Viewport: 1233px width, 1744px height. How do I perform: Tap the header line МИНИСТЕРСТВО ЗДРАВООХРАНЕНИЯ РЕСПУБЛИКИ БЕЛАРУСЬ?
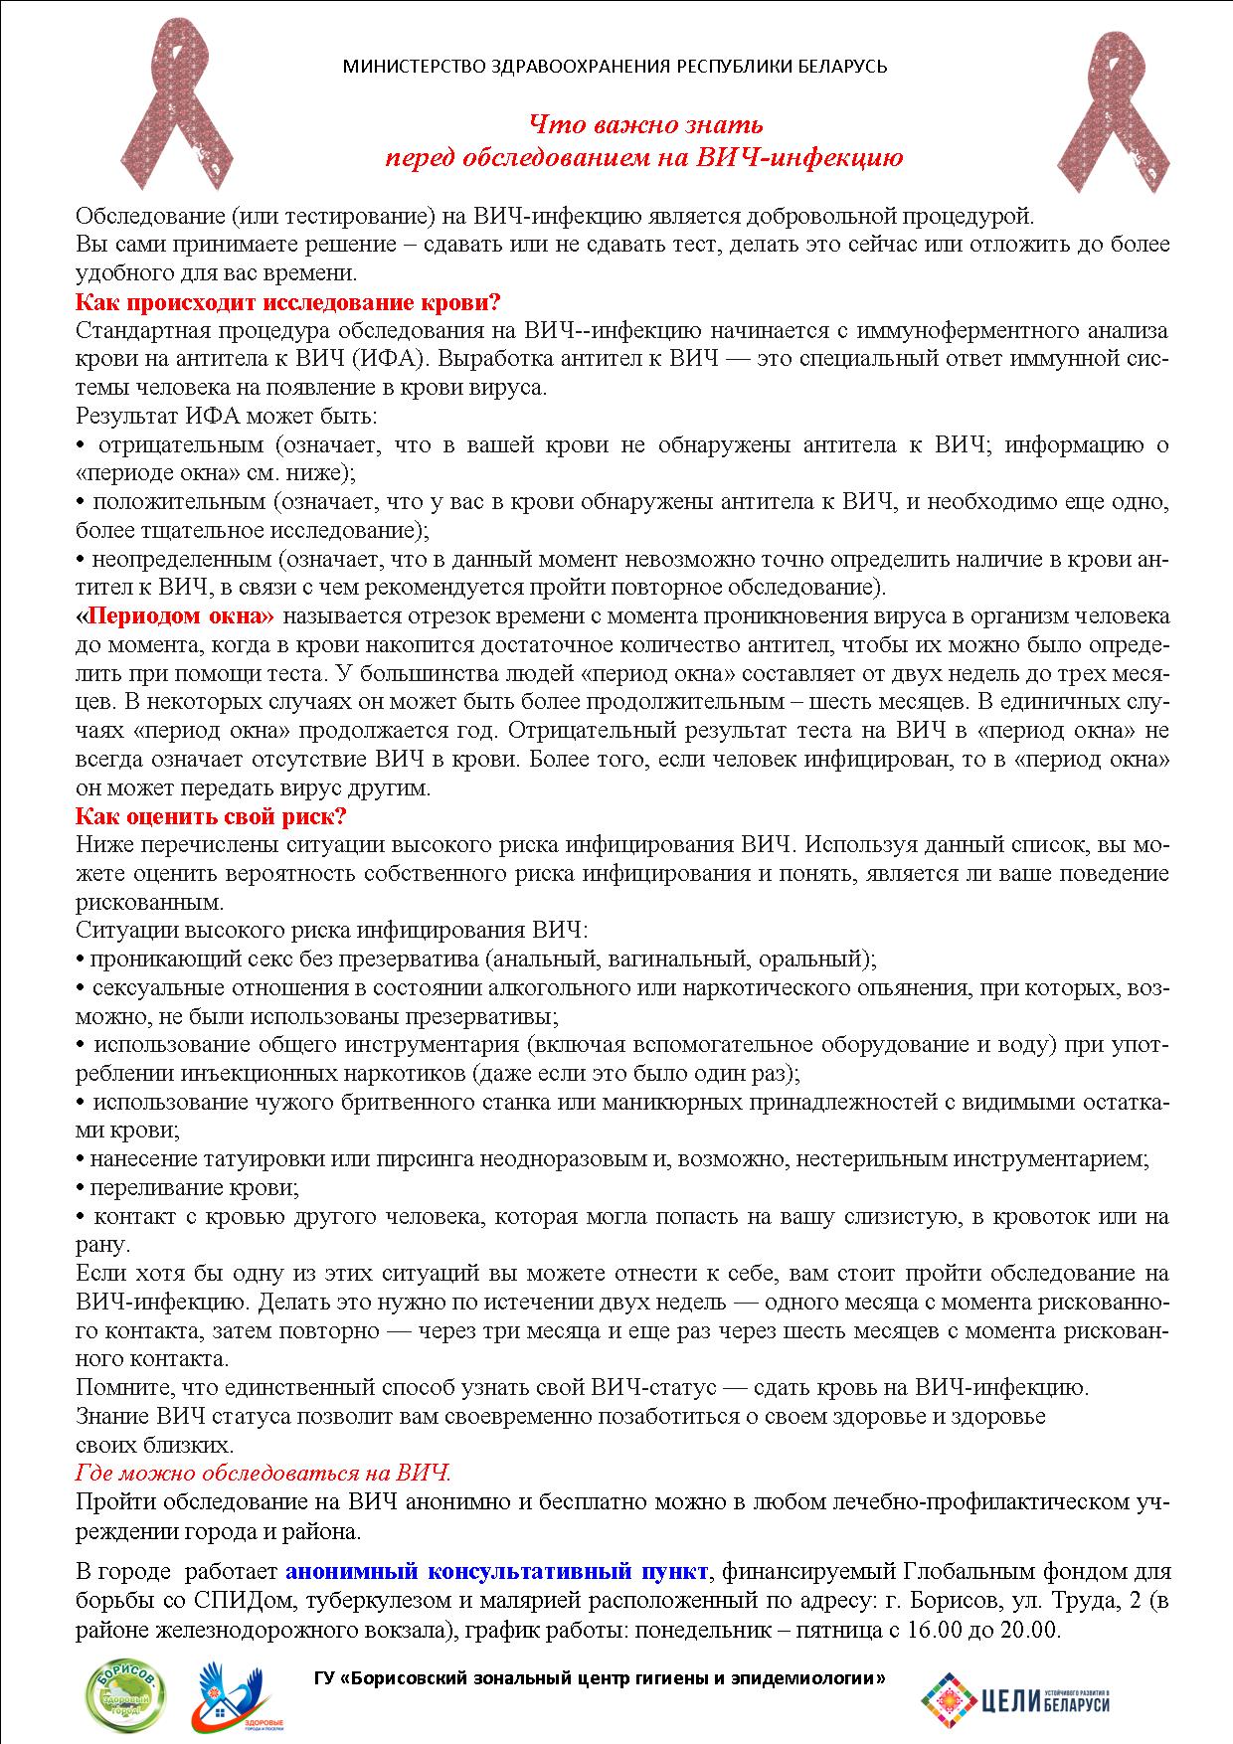(x=615, y=67)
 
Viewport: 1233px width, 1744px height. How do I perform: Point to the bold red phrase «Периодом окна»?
(x=175, y=616)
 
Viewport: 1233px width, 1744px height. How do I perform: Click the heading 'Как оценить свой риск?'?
(x=211, y=817)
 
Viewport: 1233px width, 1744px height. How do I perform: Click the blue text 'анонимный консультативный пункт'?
(x=497, y=1572)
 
